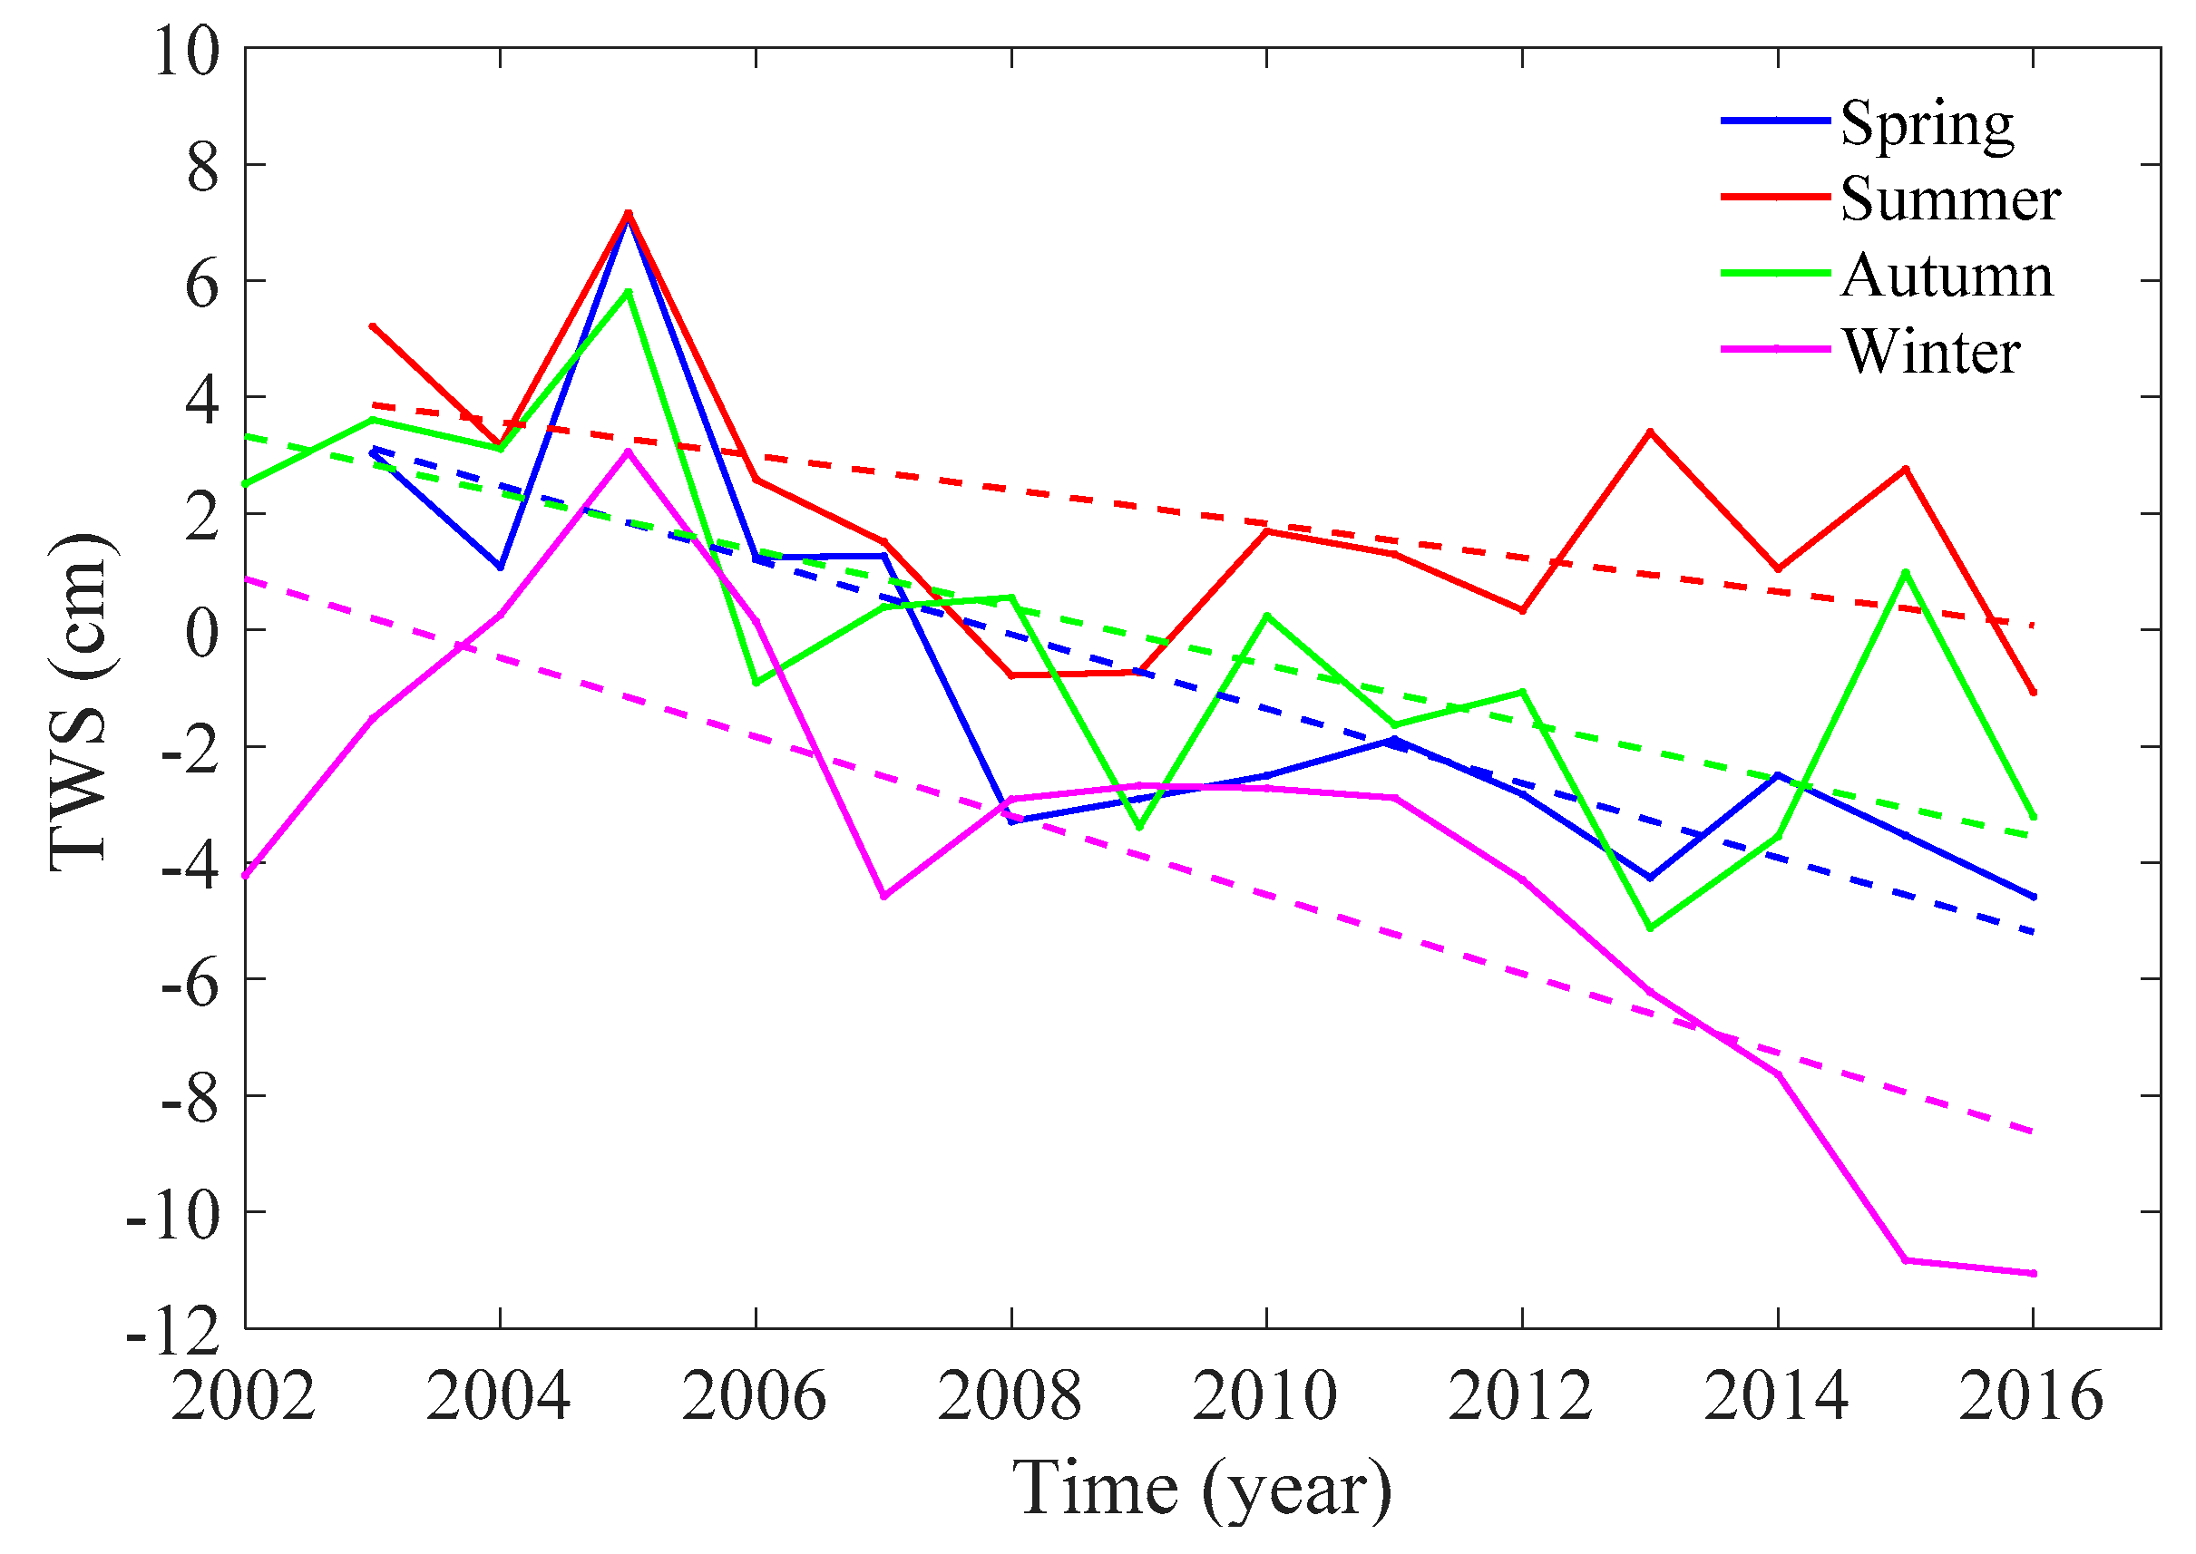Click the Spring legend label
pos(1925,125)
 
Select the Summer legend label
pos(1949,200)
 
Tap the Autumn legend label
pos(1947,277)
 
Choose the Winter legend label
pos(1930,352)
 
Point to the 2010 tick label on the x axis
pos(1264,1398)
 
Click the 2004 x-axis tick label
pos(499,1398)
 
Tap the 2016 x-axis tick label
pos(2031,1398)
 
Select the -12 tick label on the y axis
pos(173,1333)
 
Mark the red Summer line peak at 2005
pos(628,212)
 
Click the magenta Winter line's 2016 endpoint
pos(2034,1274)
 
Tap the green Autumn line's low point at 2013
pos(1649,928)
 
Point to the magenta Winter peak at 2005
pos(628,452)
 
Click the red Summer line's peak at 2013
pos(1649,432)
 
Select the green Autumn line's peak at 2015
pos(1906,572)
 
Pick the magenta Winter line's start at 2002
pos(246,876)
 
